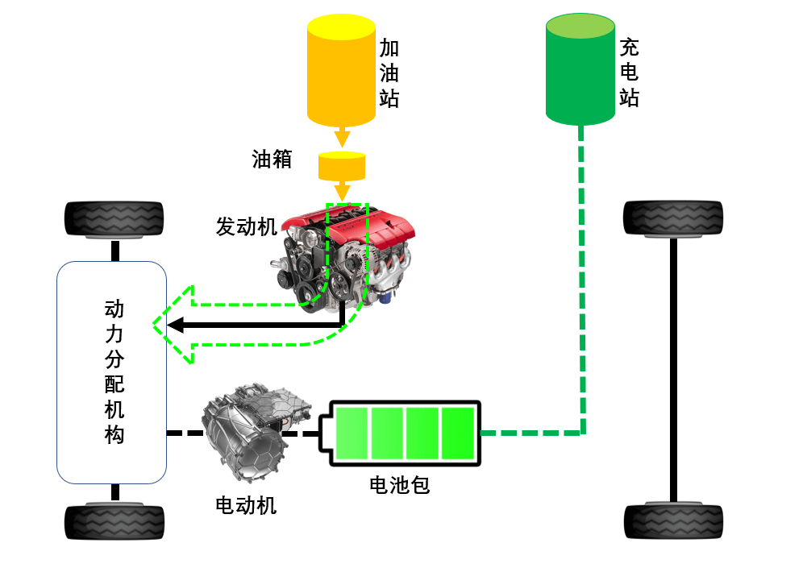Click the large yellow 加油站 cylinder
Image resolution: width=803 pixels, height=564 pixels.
point(341,70)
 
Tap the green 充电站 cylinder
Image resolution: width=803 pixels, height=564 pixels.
point(580,69)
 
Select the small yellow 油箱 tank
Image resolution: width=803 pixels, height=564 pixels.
point(342,166)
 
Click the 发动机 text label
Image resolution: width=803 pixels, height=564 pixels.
point(247,226)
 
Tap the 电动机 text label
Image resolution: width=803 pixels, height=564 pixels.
point(246,506)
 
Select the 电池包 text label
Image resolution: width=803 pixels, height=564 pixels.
point(399,485)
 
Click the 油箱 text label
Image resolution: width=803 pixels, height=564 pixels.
point(272,160)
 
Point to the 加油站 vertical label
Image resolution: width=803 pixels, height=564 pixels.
point(389,73)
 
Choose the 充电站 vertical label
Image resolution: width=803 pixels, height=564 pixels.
point(630,73)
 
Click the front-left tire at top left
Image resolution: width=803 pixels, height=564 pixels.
point(114,220)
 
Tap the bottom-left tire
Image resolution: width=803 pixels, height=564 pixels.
point(114,522)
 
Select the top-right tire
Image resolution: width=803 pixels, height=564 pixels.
point(673,218)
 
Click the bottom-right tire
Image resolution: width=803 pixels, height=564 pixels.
point(673,521)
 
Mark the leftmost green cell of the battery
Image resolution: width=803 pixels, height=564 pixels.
point(352,433)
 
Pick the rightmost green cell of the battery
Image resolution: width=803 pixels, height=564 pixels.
point(458,433)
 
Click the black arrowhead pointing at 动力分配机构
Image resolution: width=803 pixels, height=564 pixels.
point(175,325)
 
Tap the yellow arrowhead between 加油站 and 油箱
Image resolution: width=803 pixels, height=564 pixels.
point(342,139)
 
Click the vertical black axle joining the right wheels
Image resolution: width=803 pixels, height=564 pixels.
point(673,370)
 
